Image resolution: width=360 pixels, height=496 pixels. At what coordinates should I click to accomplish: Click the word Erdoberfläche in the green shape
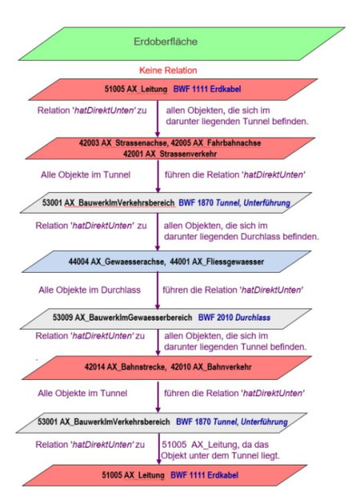166,42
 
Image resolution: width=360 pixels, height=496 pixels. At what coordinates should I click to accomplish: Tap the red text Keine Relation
168,70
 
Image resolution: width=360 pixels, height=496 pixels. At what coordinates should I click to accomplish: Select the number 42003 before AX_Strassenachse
90,143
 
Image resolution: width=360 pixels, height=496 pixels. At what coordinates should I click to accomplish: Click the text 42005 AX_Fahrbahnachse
216,143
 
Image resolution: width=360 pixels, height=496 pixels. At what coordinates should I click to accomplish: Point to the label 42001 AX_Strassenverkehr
170,154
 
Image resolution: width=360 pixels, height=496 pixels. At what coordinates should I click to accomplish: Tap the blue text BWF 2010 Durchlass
234,318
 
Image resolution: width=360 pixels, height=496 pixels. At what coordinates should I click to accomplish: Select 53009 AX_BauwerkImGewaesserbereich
122,318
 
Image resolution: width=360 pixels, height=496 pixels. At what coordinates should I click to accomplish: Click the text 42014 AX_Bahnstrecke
125,367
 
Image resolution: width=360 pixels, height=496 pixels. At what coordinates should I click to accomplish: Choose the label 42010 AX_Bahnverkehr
211,367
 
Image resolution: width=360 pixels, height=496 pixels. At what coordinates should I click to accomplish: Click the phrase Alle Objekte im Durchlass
90,290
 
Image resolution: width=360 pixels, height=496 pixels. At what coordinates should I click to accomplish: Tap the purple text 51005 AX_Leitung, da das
215,445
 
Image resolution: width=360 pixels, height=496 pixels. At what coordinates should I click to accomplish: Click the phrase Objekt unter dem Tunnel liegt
220,455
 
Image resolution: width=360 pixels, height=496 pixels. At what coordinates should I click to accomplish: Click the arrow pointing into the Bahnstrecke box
158,342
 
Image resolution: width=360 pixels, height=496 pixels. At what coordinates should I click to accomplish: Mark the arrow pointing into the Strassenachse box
158,118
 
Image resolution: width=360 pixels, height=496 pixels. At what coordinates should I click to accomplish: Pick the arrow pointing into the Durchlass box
158,290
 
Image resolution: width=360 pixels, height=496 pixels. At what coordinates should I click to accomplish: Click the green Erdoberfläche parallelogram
182,44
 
